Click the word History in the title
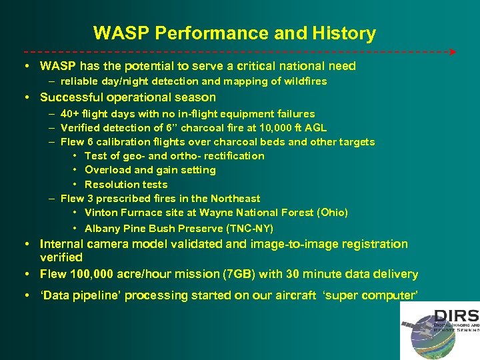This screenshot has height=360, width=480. pyautogui.click(x=343, y=33)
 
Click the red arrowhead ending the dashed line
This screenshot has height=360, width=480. pyautogui.click(x=453, y=51)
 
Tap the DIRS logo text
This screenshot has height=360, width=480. pyautogui.click(x=455, y=316)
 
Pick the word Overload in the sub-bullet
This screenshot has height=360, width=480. pyautogui.click(x=107, y=170)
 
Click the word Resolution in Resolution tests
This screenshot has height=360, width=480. pyautogui.click(x=111, y=185)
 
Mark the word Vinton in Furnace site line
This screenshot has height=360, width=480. pyautogui.click(x=101, y=213)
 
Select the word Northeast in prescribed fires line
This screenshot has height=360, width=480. pyautogui.click(x=235, y=199)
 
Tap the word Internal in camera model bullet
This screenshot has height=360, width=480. pyautogui.click(x=61, y=244)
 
